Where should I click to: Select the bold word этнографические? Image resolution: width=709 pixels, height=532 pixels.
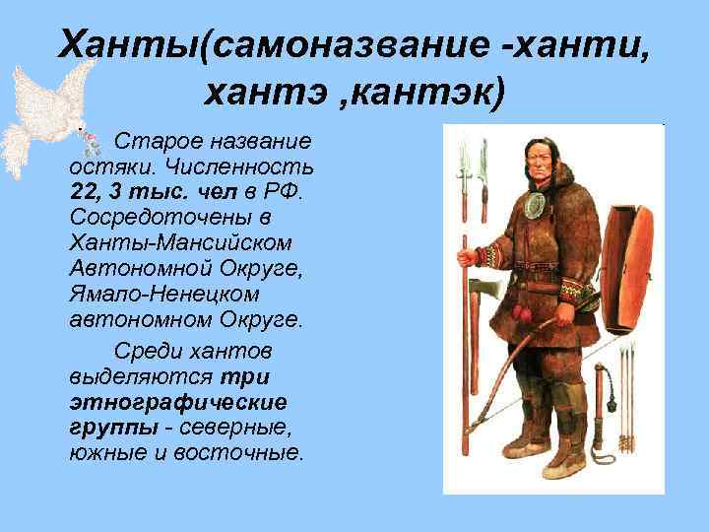point(178,402)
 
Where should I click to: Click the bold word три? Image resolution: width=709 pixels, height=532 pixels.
point(247,376)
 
